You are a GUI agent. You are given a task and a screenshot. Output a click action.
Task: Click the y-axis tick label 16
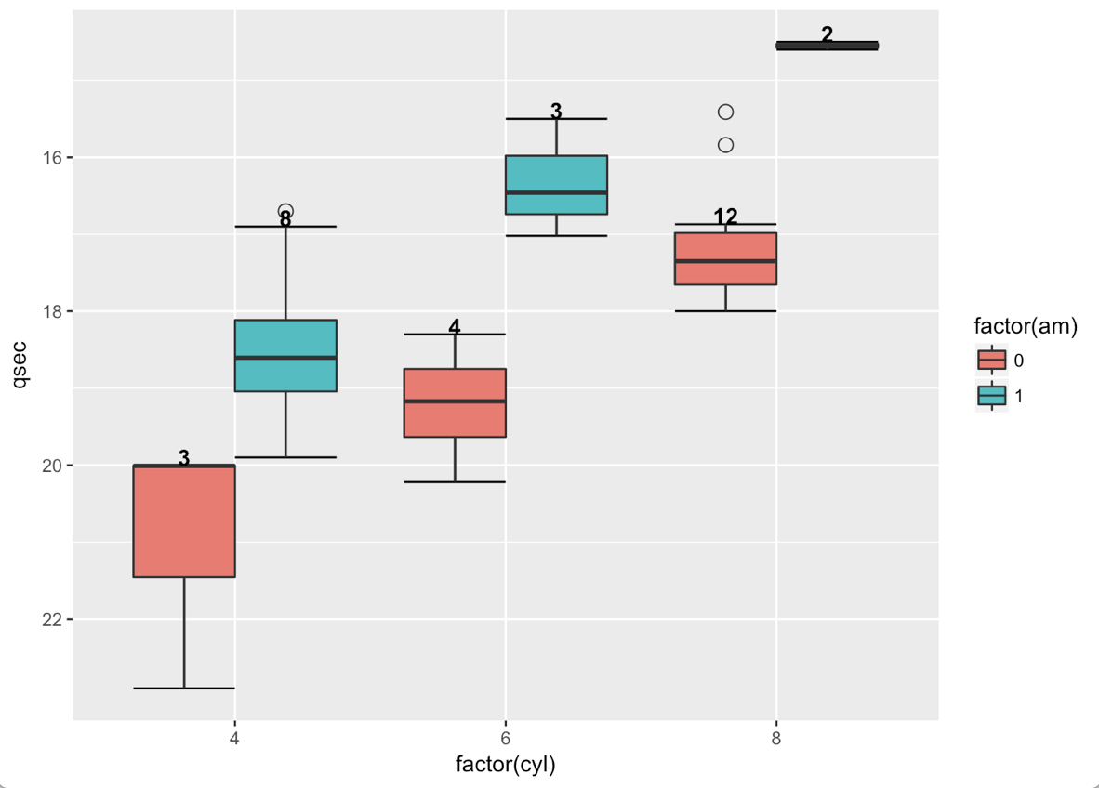[x=50, y=157]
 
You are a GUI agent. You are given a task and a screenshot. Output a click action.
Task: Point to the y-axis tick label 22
[x=50, y=619]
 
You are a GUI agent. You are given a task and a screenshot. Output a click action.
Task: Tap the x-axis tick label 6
[x=505, y=739]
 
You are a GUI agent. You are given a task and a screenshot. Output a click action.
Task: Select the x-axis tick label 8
[x=775, y=739]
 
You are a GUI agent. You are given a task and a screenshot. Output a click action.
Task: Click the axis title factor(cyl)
[x=505, y=765]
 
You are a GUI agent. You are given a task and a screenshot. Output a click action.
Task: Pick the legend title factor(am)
[x=1025, y=325]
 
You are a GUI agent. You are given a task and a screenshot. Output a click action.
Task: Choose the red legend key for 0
[x=991, y=361]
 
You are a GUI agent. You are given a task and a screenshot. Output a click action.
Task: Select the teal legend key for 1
[x=991, y=396]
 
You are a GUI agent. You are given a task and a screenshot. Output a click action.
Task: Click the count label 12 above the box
[x=725, y=217]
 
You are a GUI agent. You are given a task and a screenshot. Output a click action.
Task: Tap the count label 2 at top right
[x=827, y=34]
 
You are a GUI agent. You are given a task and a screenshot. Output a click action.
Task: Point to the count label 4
[x=454, y=326]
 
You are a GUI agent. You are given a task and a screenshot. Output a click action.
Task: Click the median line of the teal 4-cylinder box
[x=285, y=358]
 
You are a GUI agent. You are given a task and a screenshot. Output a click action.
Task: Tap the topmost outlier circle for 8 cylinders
[x=725, y=112]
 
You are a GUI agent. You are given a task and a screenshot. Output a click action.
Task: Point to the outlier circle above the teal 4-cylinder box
[x=285, y=211]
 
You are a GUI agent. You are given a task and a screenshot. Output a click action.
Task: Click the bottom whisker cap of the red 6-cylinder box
[x=454, y=481]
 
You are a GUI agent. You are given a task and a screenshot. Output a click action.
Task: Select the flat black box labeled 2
[x=827, y=46]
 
